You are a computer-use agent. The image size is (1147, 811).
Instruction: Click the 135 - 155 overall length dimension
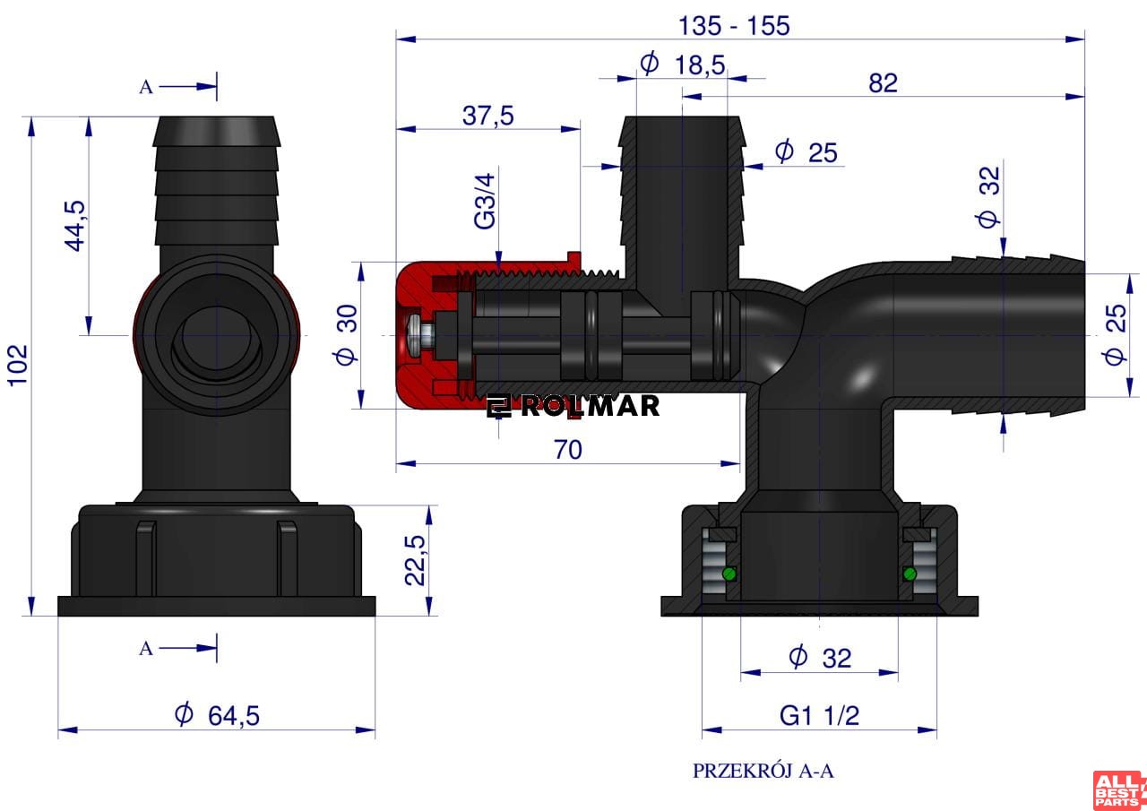(734, 26)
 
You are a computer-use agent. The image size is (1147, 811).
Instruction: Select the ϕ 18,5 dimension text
(683, 65)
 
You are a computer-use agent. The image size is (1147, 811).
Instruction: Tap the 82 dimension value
(883, 83)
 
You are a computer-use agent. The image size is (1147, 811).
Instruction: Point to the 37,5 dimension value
(487, 116)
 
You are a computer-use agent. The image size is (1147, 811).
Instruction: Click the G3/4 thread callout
(485, 202)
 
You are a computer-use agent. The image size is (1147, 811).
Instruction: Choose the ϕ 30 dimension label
(347, 335)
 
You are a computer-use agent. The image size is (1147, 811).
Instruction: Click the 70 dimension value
(568, 450)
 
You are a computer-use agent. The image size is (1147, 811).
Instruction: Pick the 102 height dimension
(18, 365)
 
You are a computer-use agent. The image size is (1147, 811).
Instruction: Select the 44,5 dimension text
(75, 226)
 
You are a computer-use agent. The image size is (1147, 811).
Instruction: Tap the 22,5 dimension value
(415, 560)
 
